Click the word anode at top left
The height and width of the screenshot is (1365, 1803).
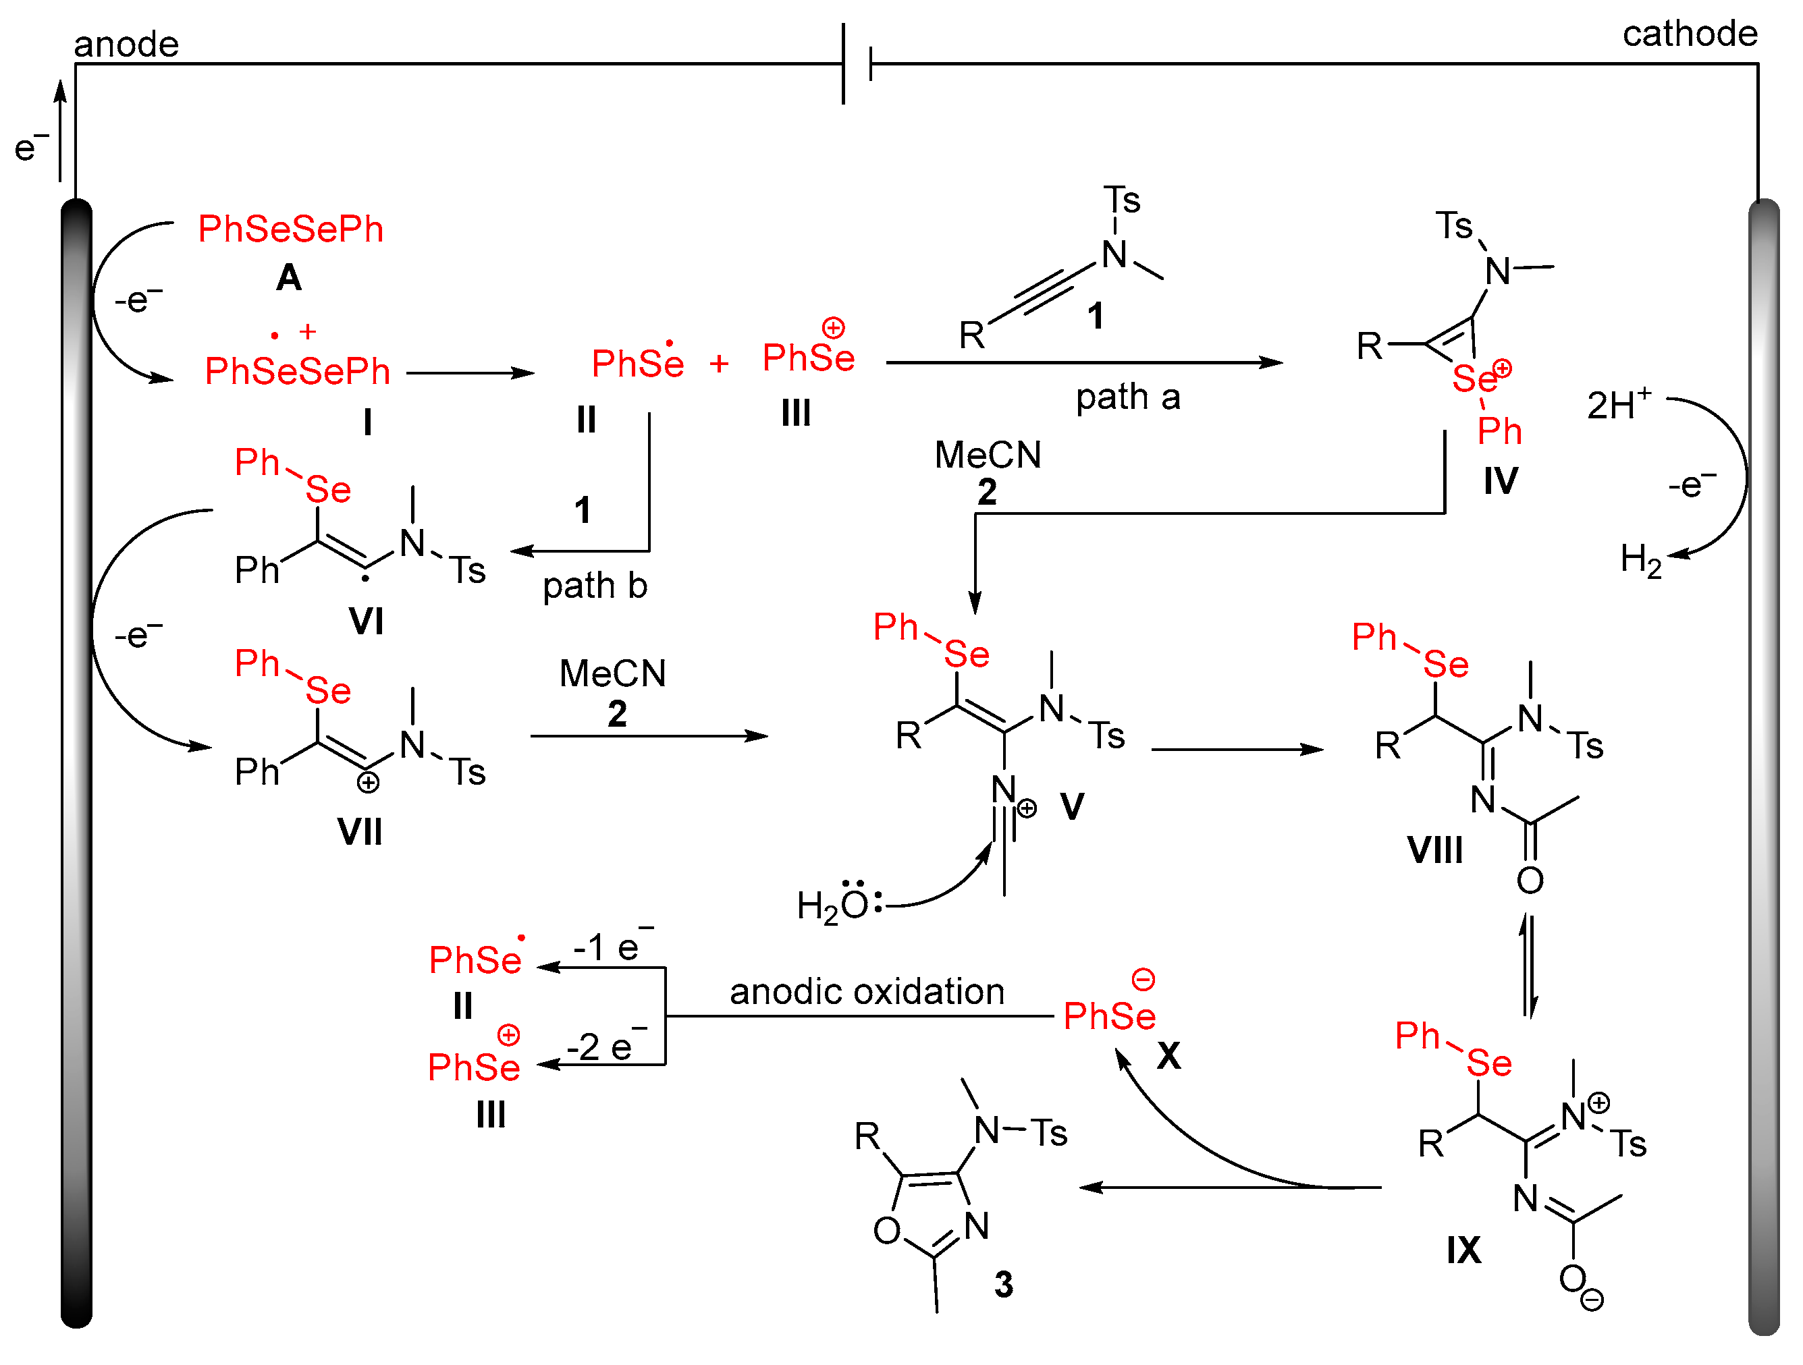pos(126,44)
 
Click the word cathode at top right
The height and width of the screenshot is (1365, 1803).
pos(1689,34)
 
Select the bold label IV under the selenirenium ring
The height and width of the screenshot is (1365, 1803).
pos(1500,481)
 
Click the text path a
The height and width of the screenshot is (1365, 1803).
pos(1127,397)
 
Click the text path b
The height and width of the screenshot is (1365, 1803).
pos(594,586)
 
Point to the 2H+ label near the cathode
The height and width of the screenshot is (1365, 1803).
pos(1618,405)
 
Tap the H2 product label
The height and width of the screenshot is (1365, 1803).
pos(1640,561)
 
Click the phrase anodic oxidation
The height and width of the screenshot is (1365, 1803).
pos(867,992)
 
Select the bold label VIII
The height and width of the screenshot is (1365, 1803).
pos(1434,851)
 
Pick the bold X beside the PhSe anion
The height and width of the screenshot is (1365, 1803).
pos(1168,1056)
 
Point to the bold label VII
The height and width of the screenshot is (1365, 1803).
pos(360,833)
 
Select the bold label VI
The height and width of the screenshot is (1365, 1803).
pos(366,622)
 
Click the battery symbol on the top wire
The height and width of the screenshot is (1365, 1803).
pos(857,63)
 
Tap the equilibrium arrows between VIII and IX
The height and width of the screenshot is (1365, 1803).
pos(1529,966)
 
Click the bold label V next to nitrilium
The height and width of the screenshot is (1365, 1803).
pos(1072,807)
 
